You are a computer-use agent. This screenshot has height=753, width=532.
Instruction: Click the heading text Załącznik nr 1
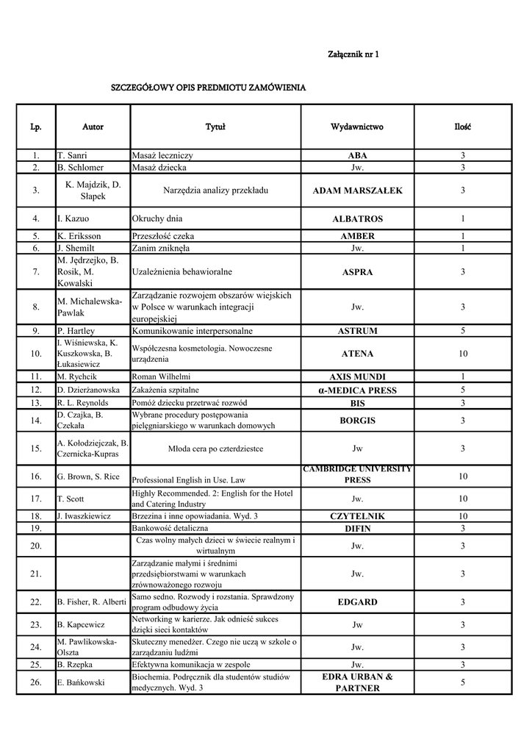[x=353, y=55]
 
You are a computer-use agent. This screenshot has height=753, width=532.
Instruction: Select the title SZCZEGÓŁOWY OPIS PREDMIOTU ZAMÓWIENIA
[x=208, y=88]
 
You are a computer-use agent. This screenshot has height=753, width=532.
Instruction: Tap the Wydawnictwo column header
[x=357, y=127]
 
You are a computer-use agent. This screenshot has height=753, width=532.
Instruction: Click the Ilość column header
[x=463, y=127]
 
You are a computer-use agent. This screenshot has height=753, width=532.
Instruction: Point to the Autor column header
[x=93, y=127]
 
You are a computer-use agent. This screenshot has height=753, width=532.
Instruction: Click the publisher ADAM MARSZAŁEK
[x=357, y=190]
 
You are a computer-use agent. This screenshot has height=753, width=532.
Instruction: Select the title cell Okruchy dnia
[x=157, y=218]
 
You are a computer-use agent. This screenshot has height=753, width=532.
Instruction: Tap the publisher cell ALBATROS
[x=357, y=219]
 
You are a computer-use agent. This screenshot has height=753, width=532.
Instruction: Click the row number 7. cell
[x=36, y=272]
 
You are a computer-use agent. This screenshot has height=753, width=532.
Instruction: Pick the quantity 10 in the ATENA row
[x=463, y=354]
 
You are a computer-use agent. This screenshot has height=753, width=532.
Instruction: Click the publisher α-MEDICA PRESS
[x=357, y=390]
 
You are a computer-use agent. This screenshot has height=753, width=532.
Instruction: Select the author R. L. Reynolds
[x=82, y=403]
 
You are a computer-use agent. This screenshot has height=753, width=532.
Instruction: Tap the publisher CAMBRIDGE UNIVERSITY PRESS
[x=357, y=474]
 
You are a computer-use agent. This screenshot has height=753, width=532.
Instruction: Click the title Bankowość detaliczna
[x=170, y=528]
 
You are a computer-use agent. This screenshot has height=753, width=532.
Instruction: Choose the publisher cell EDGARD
[x=357, y=602]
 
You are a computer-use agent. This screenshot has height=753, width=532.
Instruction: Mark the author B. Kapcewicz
[x=81, y=625]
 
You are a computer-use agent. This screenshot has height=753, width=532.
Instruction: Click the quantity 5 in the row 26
[x=463, y=682]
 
